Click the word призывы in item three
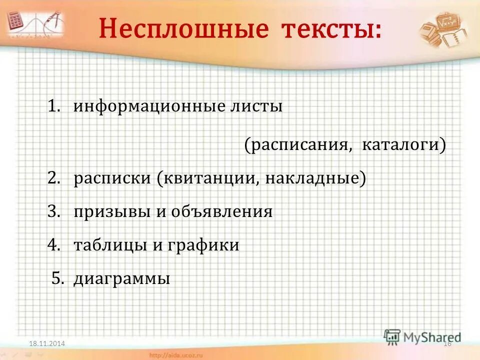[111, 211]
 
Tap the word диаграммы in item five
[122, 278]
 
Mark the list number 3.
[53, 211]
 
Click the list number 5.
[58, 278]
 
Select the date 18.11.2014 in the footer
[47, 342]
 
